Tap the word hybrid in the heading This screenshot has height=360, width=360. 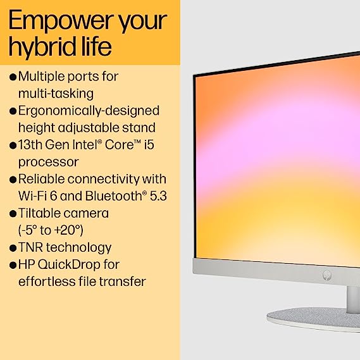42,47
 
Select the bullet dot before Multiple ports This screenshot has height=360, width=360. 13,77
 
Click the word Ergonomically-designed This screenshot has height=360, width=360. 89,111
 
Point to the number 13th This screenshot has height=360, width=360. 30,145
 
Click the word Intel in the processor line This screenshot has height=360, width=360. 87,145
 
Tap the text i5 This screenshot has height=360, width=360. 149,145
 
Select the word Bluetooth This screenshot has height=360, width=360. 115,196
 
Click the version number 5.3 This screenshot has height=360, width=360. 158,196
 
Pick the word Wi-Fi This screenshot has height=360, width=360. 33,196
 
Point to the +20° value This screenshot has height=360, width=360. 69,230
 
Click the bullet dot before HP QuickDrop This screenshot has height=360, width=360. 13,265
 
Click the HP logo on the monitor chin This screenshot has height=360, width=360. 326,275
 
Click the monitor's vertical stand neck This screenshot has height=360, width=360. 353,299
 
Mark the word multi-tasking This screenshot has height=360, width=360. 56,94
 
